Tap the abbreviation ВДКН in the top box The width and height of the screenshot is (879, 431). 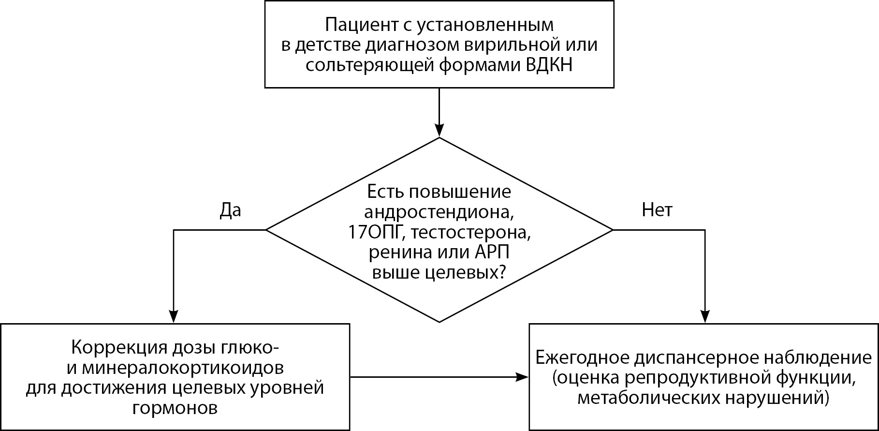point(549,65)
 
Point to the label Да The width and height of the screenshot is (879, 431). point(230,210)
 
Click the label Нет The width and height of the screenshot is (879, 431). point(657,210)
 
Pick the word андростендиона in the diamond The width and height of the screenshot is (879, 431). point(438,212)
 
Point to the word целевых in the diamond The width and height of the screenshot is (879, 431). point(465,273)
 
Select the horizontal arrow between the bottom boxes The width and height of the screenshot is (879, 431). point(439,377)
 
